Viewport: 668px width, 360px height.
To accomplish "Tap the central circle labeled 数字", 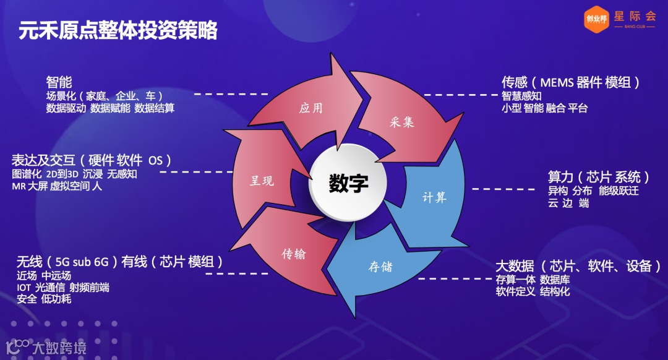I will point(348,184).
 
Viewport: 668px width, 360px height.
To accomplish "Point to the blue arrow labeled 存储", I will point(381,267).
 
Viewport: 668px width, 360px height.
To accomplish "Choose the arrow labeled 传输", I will point(294,254).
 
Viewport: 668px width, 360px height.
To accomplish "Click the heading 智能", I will point(59,82).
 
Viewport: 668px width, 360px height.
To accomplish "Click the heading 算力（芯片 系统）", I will point(599,177).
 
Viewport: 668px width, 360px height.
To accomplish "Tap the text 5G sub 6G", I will point(82,262).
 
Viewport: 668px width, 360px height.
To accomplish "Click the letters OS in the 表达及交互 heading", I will point(155,160).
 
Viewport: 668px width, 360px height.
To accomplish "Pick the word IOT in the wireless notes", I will point(24,288).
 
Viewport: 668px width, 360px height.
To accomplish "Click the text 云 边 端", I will point(568,203).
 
